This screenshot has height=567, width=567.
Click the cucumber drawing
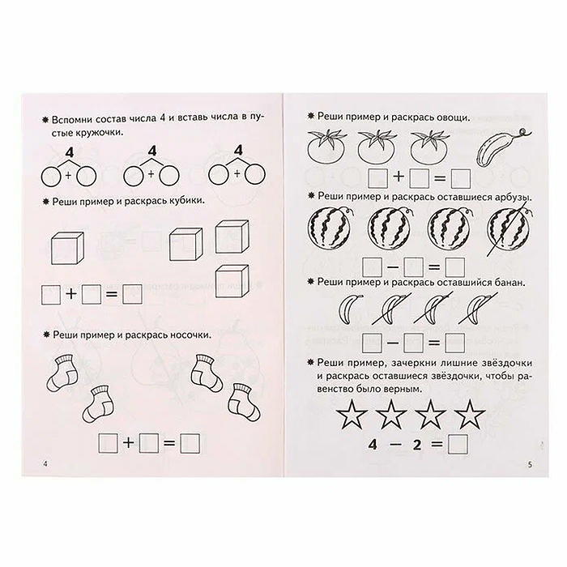pyautogui.click(x=496, y=148)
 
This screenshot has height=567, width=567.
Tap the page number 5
pyautogui.click(x=528, y=464)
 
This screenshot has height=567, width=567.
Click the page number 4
pyautogui.click(x=45, y=463)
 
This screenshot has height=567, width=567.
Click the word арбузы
pyautogui.click(x=507, y=196)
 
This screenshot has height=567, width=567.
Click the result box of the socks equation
pyautogui.click(x=190, y=442)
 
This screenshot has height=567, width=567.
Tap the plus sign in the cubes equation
pyautogui.click(x=71, y=295)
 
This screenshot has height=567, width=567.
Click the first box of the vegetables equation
pyautogui.click(x=377, y=177)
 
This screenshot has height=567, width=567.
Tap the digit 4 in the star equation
pyautogui.click(x=350, y=445)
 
